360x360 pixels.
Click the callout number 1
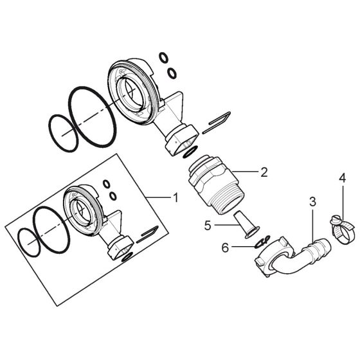(175, 197)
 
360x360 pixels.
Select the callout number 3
(312, 202)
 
